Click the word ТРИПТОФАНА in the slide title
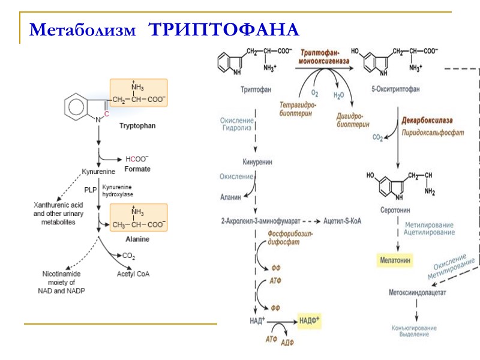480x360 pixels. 224,29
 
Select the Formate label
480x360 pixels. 137,169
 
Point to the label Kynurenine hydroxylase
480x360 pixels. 118,191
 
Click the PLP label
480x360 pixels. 90,190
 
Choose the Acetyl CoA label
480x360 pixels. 133,274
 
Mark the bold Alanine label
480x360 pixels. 137,239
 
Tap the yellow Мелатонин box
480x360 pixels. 395,260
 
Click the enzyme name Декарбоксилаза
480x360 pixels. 427,121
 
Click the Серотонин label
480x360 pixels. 395,211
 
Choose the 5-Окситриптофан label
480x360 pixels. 395,89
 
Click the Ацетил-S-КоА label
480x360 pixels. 342,220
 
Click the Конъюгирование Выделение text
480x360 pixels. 414,331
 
